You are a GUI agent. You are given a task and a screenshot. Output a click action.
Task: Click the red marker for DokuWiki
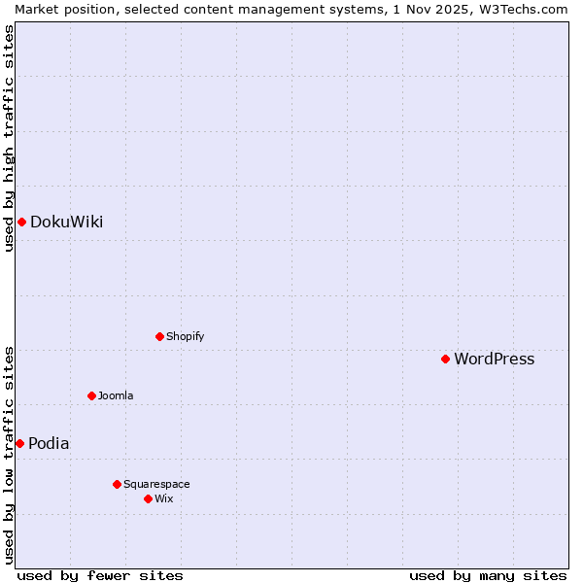coord(21,223)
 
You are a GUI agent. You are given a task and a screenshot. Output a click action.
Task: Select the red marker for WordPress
coord(445,360)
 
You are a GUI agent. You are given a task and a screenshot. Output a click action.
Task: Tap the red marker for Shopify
coord(159,337)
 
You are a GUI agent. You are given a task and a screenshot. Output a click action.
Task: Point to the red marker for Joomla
coord(91,395)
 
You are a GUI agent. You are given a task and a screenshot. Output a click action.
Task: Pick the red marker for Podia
coord(19,443)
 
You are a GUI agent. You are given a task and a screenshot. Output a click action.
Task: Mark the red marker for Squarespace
coord(117,484)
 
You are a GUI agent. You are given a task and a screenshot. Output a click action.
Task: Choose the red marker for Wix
coord(148,498)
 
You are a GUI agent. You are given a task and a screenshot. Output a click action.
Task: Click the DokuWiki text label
coord(66,223)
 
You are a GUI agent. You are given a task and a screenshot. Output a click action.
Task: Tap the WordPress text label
coord(494,360)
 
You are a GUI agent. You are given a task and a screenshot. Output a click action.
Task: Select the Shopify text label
coord(185,337)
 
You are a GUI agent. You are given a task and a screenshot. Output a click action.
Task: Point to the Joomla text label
coord(116,395)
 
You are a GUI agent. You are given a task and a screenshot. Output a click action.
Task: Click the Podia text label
coord(49,443)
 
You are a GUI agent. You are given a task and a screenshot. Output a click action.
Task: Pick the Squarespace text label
coord(156,484)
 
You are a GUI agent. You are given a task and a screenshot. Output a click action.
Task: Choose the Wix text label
coord(163,498)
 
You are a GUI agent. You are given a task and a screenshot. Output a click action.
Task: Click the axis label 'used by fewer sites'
coord(100,575)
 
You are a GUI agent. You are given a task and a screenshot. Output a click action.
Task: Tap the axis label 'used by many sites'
coord(488,575)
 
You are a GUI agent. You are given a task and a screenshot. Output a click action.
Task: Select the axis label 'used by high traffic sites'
coord(9,138)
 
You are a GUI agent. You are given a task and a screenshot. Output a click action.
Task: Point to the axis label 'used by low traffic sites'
coord(9,454)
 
